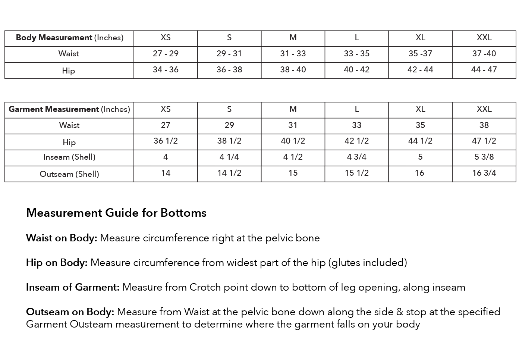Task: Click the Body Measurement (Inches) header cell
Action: point(69,38)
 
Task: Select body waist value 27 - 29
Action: point(166,54)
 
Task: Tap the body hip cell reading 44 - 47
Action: point(484,70)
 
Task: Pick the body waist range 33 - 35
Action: point(356,54)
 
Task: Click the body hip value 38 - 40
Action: point(293,70)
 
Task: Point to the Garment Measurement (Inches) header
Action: point(69,109)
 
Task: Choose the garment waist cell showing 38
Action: point(484,125)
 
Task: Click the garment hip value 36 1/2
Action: point(166,141)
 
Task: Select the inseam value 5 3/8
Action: point(484,157)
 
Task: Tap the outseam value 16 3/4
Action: point(484,173)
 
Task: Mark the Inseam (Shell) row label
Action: point(69,157)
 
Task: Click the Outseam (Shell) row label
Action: point(69,174)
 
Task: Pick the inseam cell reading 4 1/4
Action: point(229,157)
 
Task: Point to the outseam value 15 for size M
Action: point(293,173)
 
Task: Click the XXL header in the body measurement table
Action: point(484,38)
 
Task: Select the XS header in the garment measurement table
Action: point(166,109)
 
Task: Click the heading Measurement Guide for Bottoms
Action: point(116,213)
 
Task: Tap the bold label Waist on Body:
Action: point(62,238)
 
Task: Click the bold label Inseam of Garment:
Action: point(73,287)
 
